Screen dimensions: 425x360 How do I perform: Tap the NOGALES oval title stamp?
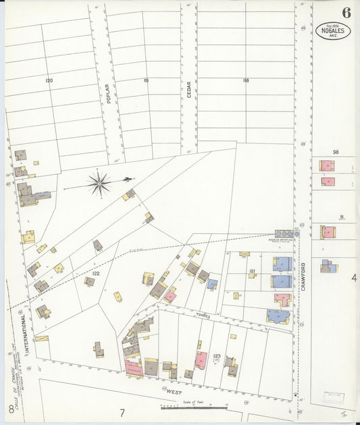pos(333,30)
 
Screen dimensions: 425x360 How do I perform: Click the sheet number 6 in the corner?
pos(346,13)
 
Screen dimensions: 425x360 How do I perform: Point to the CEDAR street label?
pos(189,91)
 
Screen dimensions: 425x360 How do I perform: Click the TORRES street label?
pos(203,316)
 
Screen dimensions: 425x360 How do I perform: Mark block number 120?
pos(49,80)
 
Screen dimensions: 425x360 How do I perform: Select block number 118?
pos(246,80)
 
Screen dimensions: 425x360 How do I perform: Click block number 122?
pos(96,273)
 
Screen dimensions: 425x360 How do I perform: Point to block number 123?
pos(217,355)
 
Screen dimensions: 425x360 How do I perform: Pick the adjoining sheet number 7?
pos(122,413)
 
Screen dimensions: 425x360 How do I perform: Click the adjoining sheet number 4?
pos(353,278)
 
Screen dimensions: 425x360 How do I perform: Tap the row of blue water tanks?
pos(284,234)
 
